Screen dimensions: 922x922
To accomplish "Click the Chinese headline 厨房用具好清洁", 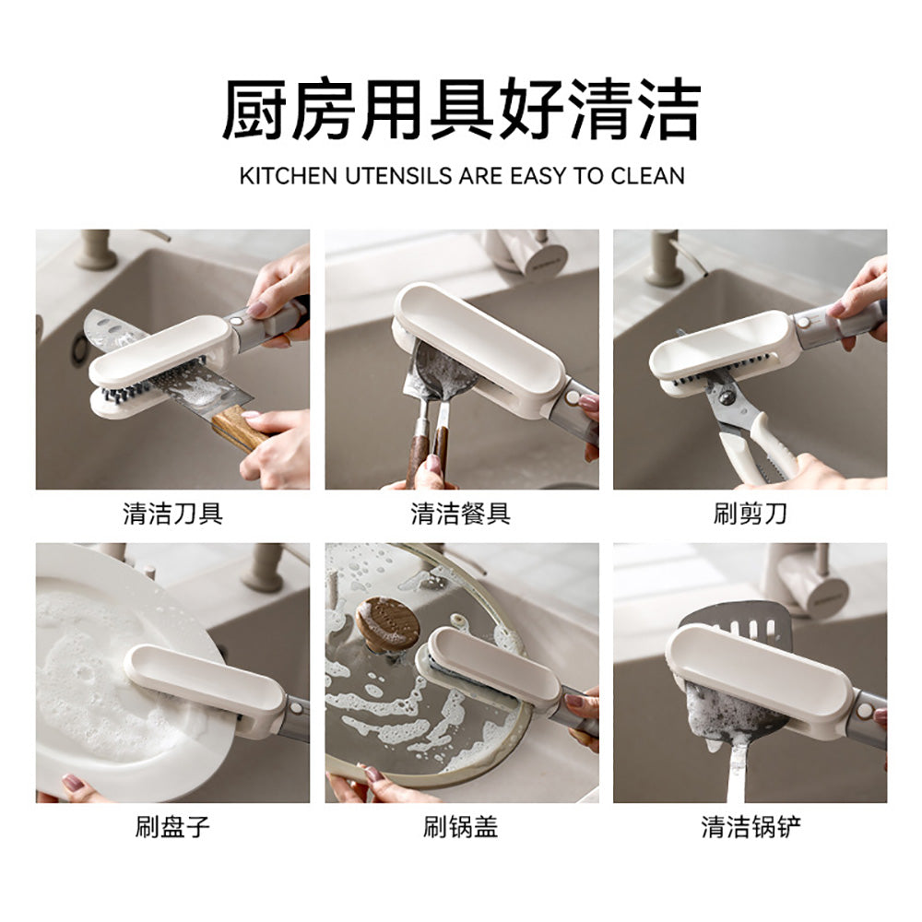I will pyautogui.click(x=461, y=110).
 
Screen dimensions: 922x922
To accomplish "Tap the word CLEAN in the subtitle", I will pyautogui.click(x=649, y=175).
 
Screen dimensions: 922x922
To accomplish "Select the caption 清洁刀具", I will pyautogui.click(x=172, y=514).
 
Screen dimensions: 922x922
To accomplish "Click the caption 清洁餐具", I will pyautogui.click(x=461, y=514).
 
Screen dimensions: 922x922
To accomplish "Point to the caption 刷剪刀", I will pyautogui.click(x=750, y=514).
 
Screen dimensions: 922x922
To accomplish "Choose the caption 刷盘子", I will pyautogui.click(x=172, y=827).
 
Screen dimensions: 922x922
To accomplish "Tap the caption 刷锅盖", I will pyautogui.click(x=461, y=827).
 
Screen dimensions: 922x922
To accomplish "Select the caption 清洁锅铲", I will pyautogui.click(x=750, y=827).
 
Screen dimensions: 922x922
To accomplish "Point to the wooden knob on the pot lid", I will pyautogui.click(x=387, y=622).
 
